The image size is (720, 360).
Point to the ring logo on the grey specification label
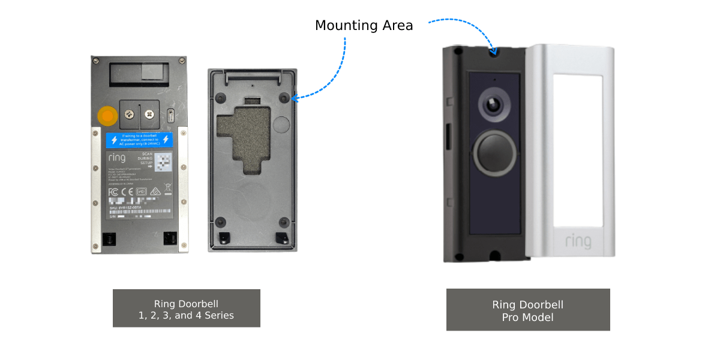[x=117, y=158]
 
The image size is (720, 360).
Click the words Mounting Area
[x=364, y=25]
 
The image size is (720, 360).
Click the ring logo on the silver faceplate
[x=578, y=241]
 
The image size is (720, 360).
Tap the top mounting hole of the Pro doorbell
[x=494, y=53]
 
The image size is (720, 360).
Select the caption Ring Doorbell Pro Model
[x=528, y=310]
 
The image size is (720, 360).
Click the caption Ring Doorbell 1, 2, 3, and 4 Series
[x=186, y=309]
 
